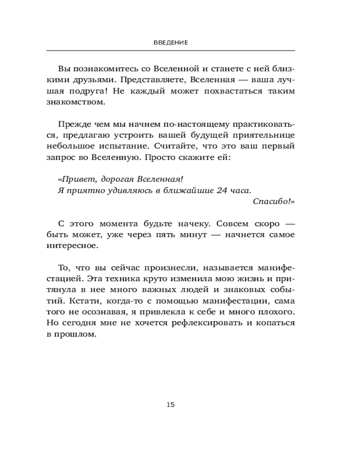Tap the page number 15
point(171,405)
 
